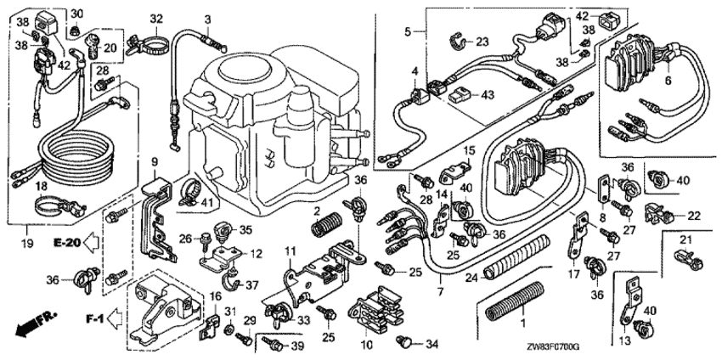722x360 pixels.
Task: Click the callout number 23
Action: [x=482, y=42]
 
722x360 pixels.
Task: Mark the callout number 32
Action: [x=155, y=19]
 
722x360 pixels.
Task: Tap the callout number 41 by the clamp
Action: [x=208, y=201]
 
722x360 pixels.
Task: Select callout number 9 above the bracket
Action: [x=155, y=161]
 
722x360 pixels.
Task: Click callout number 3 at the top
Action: [x=207, y=19]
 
